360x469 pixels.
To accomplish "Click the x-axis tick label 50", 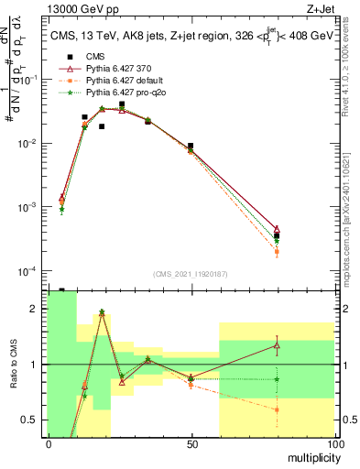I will pyautogui.click(x=191, y=443).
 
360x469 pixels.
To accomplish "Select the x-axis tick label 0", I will pyautogui.click(x=49, y=443).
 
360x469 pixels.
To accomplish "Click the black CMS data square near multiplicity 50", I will pyautogui.click(x=191, y=146).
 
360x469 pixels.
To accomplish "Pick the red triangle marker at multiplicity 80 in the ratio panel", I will pyautogui.click(x=277, y=345).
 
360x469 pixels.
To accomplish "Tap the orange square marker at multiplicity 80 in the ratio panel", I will pyautogui.click(x=277, y=409).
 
